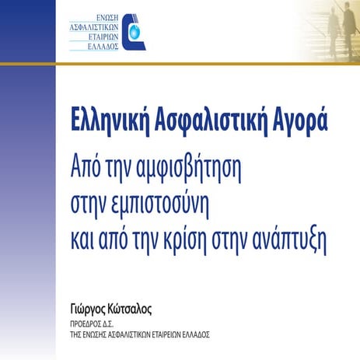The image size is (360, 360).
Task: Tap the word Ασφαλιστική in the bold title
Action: tap(208, 122)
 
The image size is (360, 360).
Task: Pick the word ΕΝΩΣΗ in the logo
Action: tap(107, 16)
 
